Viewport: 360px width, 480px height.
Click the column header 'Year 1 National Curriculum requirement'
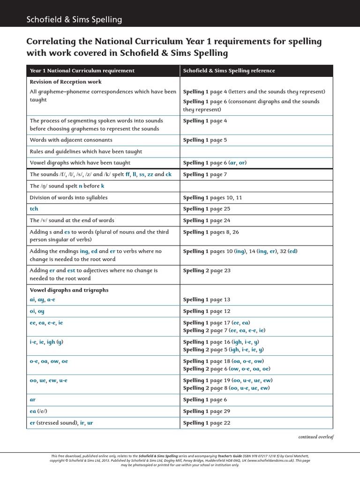click(x=82, y=71)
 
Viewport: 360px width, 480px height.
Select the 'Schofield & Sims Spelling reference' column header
click(x=229, y=71)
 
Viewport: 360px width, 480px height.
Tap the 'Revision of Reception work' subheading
click(x=66, y=82)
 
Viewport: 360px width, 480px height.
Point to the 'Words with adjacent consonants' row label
click(x=71, y=140)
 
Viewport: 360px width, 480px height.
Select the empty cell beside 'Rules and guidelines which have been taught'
click(x=256, y=152)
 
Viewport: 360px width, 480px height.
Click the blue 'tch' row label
click(x=34, y=209)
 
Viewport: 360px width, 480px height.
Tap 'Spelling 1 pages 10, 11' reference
click(x=212, y=198)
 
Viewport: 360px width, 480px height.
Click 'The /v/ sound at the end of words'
click(x=72, y=220)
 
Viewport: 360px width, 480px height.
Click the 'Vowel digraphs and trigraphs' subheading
click(x=69, y=290)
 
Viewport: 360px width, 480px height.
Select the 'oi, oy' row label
click(x=37, y=311)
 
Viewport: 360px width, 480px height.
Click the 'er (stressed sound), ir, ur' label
click(x=61, y=423)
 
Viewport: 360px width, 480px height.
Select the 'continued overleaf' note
click(x=315, y=437)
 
